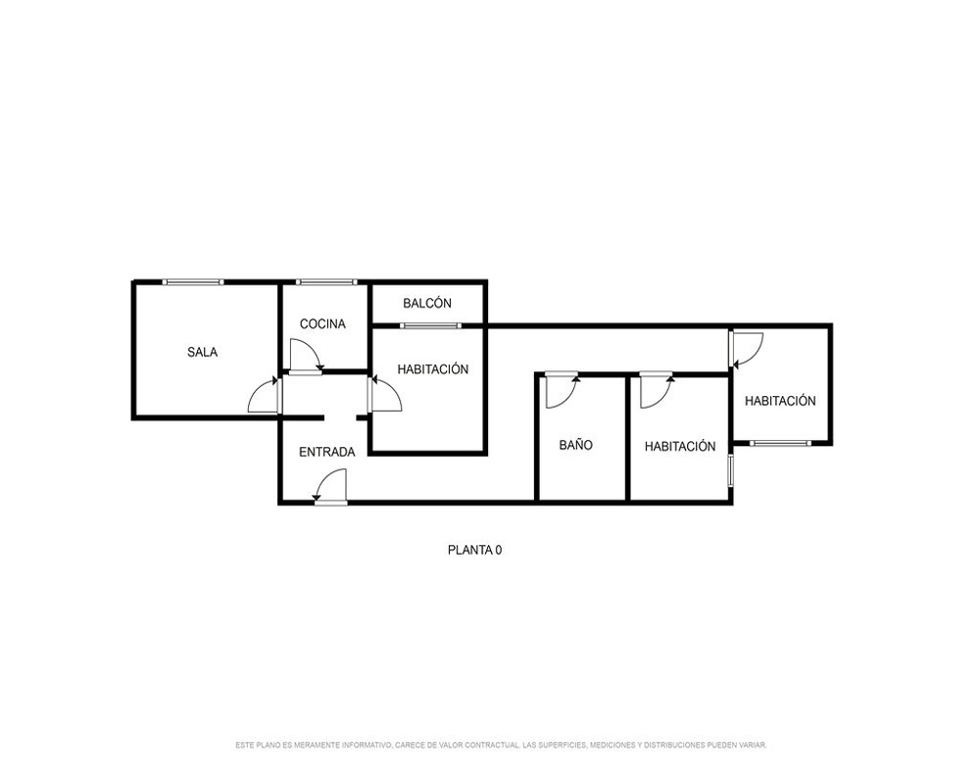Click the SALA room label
click(x=203, y=352)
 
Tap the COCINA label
click(x=322, y=323)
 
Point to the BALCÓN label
click(x=427, y=303)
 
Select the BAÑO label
click(x=575, y=445)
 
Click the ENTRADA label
click(x=327, y=452)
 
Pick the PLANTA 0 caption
click(x=475, y=550)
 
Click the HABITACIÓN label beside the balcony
click(x=433, y=368)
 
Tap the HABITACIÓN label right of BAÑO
click(x=680, y=447)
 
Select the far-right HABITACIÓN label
click(x=780, y=401)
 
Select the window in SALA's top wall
click(x=192, y=282)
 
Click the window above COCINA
click(x=326, y=282)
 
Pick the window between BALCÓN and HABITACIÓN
click(x=430, y=325)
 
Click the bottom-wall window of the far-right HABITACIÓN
click(x=780, y=443)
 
